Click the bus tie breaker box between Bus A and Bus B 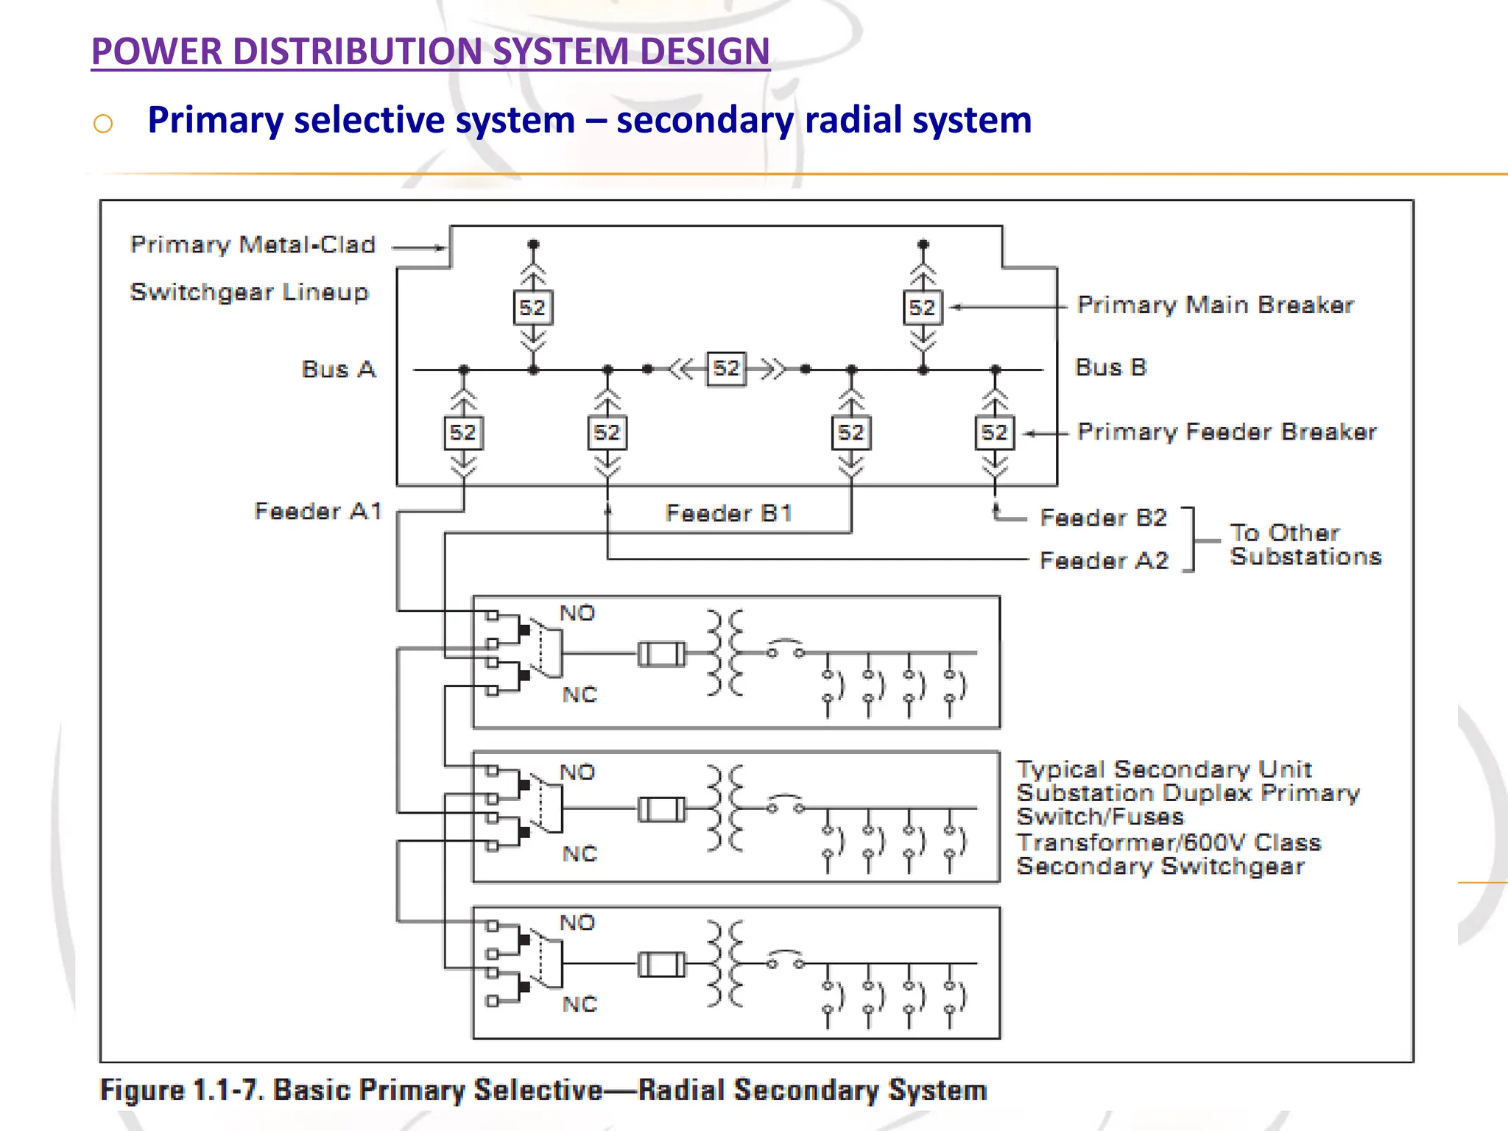pos(726,368)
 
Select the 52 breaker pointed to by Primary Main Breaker pos(923,308)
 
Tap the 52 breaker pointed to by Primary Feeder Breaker pos(994,433)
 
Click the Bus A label pos(339,369)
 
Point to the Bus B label pos(1110,367)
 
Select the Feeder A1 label pos(318,511)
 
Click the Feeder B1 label pos(728,513)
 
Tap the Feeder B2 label pos(1103,518)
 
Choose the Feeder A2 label pos(1103,561)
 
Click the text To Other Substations pos(1305,545)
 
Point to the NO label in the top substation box pos(577,613)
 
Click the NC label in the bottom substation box pos(579,1004)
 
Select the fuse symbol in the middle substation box pos(661,810)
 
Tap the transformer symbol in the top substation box pos(725,653)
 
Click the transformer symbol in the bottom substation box pos(725,964)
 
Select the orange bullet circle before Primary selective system pos(103,123)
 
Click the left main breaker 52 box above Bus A pos(532,308)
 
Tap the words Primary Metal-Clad pos(253,244)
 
